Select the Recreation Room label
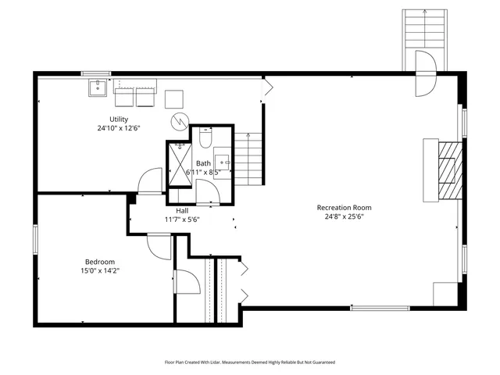pyautogui.click(x=344, y=207)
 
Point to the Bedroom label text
pyautogui.click(x=100, y=261)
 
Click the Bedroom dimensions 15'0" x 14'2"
pyautogui.click(x=100, y=270)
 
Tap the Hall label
pyautogui.click(x=181, y=210)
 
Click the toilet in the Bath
pyautogui.click(x=205, y=139)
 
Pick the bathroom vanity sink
pyautogui.click(x=223, y=162)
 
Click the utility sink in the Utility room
pyautogui.click(x=98, y=87)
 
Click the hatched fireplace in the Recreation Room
pyautogui.click(x=448, y=171)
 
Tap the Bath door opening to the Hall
pyautogui.click(x=206, y=190)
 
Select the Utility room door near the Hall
pyautogui.click(x=149, y=181)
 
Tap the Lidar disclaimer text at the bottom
pyautogui.click(x=249, y=362)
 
